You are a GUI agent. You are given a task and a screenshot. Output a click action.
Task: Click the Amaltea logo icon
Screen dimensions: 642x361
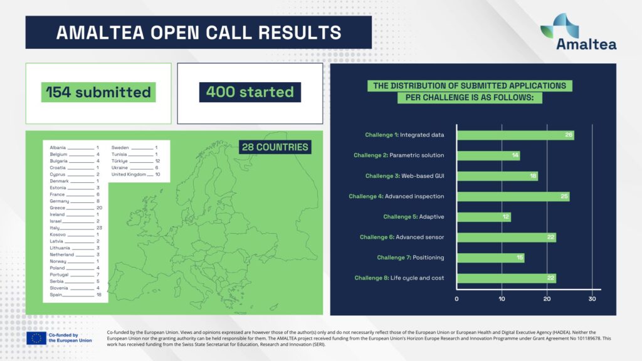(x=559, y=26)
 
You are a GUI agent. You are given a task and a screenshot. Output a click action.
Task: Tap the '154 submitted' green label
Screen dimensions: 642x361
(x=98, y=92)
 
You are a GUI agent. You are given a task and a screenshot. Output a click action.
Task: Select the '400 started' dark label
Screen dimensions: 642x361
(x=250, y=92)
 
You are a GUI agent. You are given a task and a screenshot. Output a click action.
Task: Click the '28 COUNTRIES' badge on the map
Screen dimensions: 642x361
(x=275, y=147)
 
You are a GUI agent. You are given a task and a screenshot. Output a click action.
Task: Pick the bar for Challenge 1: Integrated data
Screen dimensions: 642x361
(x=515, y=135)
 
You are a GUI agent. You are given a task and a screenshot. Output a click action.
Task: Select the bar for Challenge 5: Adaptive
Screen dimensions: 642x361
(x=484, y=217)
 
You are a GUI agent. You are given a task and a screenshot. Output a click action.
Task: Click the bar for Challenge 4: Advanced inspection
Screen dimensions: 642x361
(x=513, y=196)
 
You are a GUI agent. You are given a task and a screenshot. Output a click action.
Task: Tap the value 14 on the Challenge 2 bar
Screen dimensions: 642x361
(x=515, y=155)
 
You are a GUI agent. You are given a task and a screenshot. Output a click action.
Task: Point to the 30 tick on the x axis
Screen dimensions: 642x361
(x=592, y=299)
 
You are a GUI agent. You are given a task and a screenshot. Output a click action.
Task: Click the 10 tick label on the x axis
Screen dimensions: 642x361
(x=502, y=299)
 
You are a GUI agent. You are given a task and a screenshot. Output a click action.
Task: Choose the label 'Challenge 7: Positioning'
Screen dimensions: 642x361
(x=410, y=258)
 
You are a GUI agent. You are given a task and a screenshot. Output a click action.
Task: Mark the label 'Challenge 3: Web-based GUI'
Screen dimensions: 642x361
(x=404, y=176)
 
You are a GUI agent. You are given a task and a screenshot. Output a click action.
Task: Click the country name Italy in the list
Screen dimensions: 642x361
(x=55, y=228)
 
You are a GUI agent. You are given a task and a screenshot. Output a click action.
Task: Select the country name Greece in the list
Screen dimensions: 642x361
(x=57, y=208)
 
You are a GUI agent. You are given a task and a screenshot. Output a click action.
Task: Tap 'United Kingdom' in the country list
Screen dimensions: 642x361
(x=129, y=174)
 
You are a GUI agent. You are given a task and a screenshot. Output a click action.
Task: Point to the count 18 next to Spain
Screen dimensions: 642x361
(x=98, y=295)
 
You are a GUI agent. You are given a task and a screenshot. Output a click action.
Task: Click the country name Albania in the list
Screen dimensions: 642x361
(x=58, y=148)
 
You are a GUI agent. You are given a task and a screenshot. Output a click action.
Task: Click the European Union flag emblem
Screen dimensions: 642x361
(x=36, y=338)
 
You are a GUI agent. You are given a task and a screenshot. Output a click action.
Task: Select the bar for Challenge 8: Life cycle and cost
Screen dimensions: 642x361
(x=507, y=278)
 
